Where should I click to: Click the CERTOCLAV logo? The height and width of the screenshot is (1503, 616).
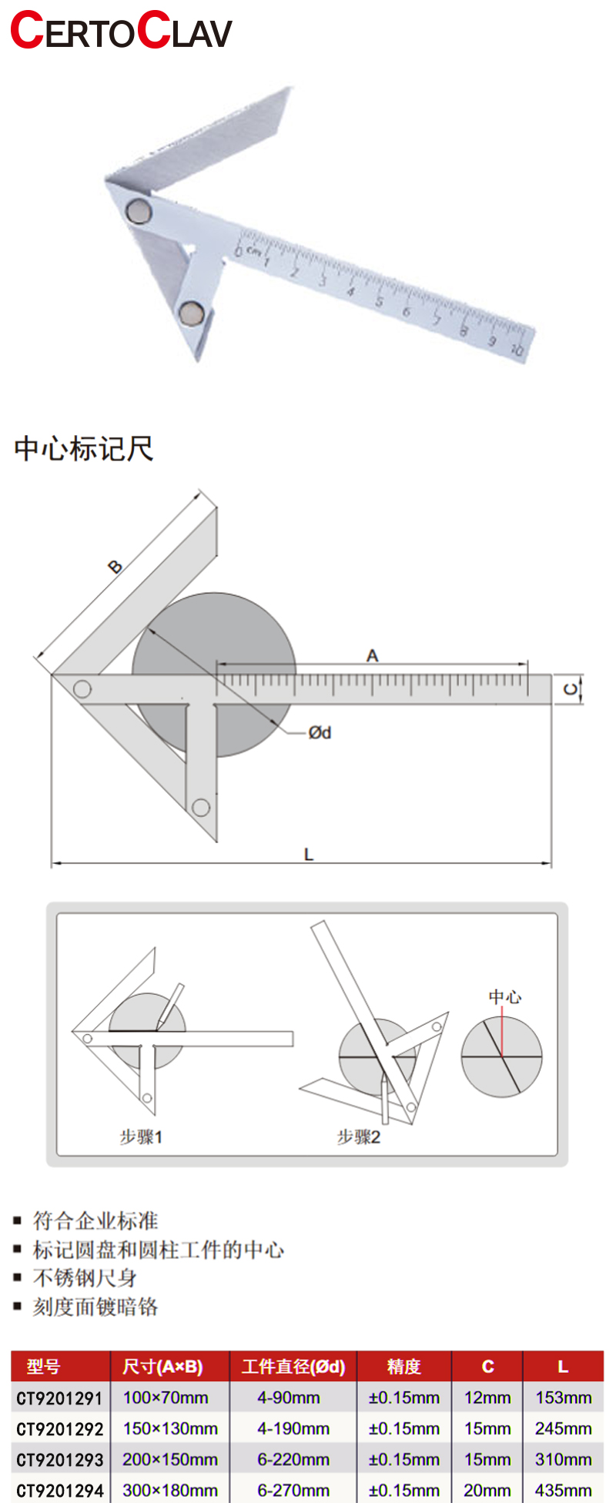[121, 31]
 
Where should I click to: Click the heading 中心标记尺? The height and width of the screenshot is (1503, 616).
[84, 448]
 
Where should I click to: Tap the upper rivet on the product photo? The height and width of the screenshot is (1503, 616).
[139, 211]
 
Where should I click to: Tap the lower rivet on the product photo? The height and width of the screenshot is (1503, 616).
[190, 312]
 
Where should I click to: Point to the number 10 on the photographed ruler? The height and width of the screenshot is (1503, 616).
[517, 350]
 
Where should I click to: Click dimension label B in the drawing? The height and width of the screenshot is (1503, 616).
[115, 567]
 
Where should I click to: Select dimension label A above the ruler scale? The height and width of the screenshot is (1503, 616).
[373, 656]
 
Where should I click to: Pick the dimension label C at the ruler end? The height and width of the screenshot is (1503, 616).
[571, 689]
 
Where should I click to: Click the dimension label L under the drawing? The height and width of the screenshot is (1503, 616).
[309, 854]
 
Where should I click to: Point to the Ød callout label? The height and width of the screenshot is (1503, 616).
[320, 732]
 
